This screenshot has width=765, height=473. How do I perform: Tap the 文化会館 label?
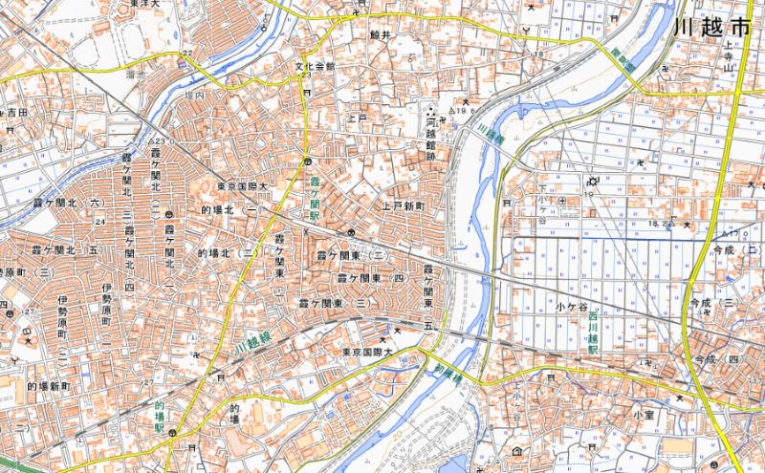coord(315,67)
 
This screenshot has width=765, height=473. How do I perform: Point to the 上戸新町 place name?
coord(404,205)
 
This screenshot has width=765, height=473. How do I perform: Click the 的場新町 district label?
coord(49,386)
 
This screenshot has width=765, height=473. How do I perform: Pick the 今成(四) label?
coord(719,358)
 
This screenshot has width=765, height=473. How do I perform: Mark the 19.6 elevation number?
coord(466,112)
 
